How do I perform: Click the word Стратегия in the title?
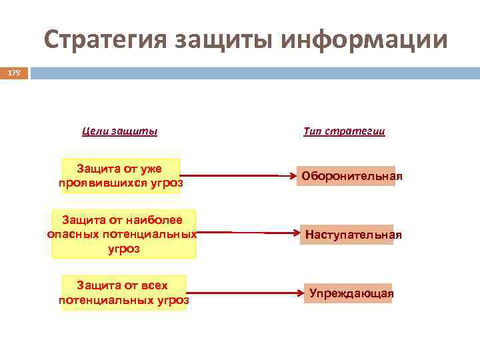tap(103, 40)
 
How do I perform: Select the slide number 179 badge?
tap(14, 73)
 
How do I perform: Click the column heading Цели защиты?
tap(119, 131)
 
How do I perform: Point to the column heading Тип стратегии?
tap(344, 131)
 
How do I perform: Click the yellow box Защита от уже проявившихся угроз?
tap(120, 175)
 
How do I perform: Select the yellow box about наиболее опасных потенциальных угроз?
tap(123, 234)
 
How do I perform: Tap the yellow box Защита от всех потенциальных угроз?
tap(123, 293)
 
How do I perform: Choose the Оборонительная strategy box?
tap(346, 176)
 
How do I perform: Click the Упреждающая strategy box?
tap(348, 293)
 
